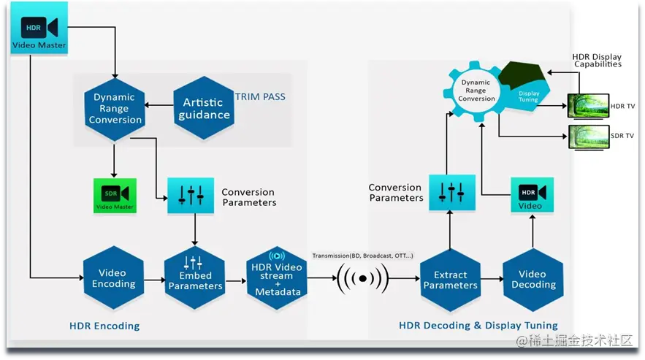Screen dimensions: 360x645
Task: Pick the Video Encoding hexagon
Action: point(113,278)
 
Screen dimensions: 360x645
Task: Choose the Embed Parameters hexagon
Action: point(195,279)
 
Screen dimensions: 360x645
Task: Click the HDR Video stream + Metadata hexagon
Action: point(277,277)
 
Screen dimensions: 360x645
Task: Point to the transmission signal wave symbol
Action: point(362,278)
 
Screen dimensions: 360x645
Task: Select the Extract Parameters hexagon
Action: point(450,280)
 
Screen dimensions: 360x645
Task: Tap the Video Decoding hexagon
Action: point(533,279)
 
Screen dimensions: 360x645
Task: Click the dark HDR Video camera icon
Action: point(532,195)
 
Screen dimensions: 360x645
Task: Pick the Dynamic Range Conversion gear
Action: point(476,91)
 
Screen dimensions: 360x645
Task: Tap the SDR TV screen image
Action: point(588,136)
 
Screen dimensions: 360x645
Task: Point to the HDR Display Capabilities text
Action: point(597,61)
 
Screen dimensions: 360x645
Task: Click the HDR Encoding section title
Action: point(105,325)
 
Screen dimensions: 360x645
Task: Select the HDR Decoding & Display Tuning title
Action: point(478,325)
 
